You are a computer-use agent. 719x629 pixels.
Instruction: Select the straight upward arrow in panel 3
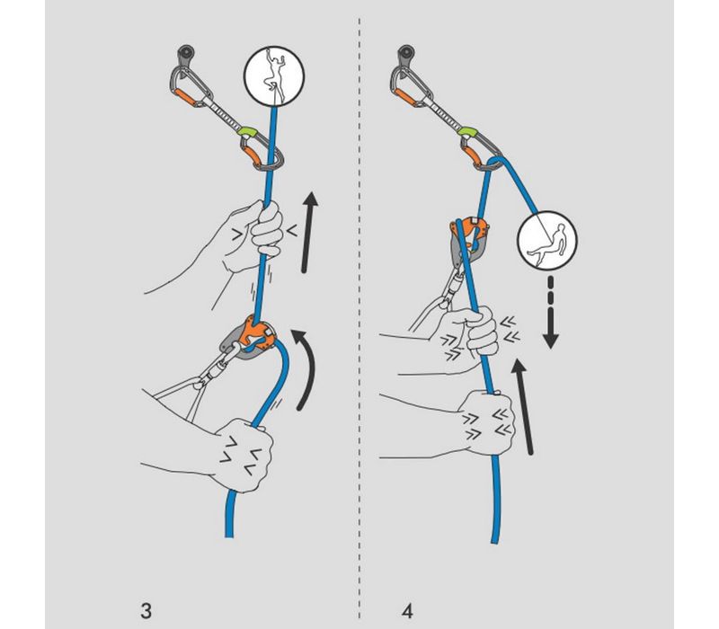(307, 229)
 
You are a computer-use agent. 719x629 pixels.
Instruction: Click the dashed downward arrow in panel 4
(551, 309)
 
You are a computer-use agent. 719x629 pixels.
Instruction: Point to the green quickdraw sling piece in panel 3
(249, 136)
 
